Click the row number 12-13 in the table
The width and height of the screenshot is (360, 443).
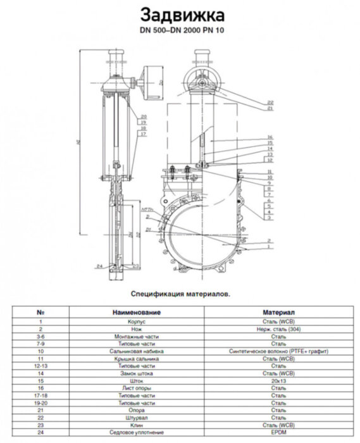pos(40,365)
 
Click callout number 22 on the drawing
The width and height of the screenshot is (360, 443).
pos(270,102)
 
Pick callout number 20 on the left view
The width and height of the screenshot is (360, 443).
pos(144,116)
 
